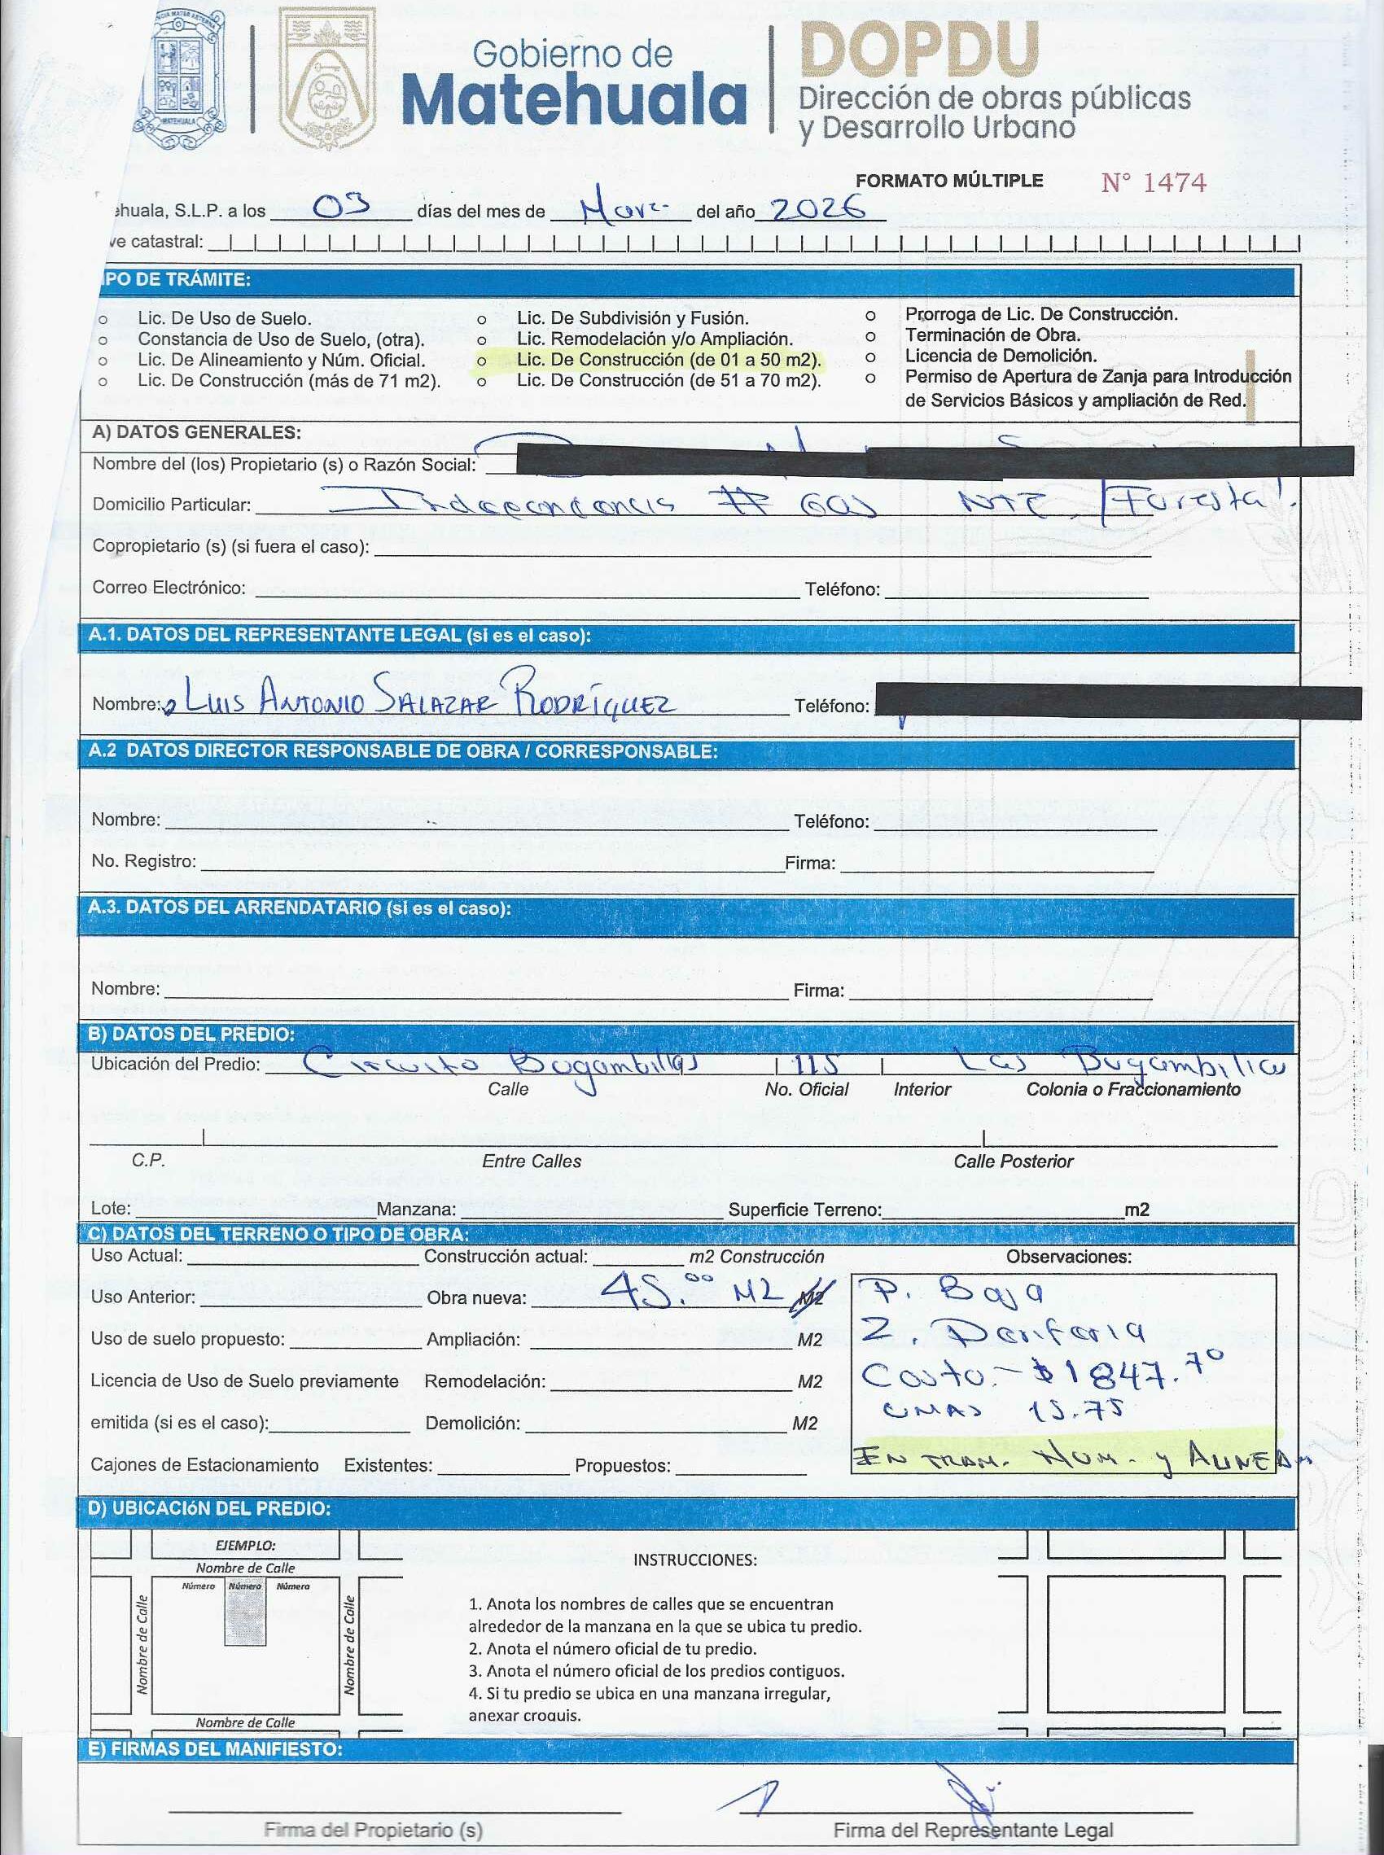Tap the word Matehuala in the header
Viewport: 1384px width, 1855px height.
click(574, 100)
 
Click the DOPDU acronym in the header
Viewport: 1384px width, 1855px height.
click(919, 50)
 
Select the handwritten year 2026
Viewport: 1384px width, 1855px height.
click(817, 209)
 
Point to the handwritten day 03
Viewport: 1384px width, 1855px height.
click(340, 206)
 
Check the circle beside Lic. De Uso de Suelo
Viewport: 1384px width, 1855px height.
click(103, 320)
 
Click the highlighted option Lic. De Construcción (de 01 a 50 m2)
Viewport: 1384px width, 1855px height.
click(668, 360)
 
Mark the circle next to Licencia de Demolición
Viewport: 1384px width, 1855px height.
click(871, 356)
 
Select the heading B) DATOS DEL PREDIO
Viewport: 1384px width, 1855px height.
click(191, 1035)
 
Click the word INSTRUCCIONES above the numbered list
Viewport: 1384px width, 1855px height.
click(694, 1560)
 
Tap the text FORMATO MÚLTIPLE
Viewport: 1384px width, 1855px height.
click(949, 181)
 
